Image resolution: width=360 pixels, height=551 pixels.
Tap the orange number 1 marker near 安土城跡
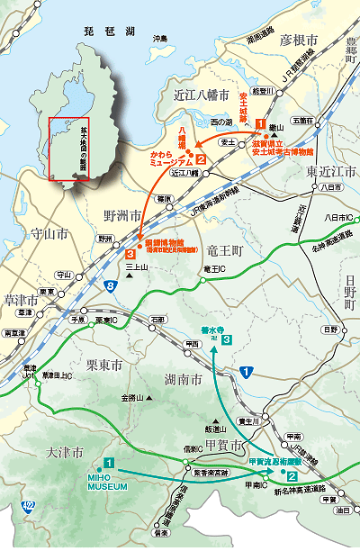pos(260,123)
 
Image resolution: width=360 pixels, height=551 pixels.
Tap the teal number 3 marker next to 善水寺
pos(229,339)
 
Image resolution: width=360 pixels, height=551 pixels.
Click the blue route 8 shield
pos(110,286)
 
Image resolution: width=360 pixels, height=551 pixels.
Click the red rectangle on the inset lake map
pos(69,149)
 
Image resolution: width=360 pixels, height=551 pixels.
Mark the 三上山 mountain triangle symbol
pos(130,276)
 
